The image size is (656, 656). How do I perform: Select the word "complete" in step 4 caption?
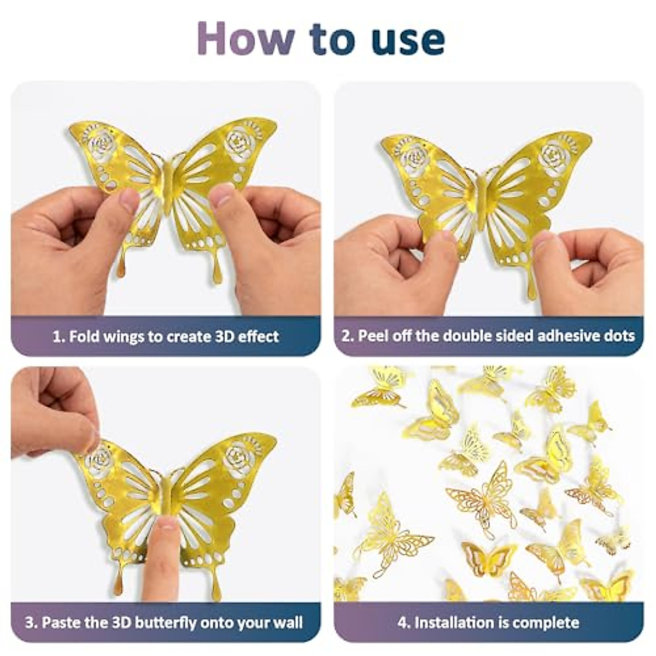(546, 623)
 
